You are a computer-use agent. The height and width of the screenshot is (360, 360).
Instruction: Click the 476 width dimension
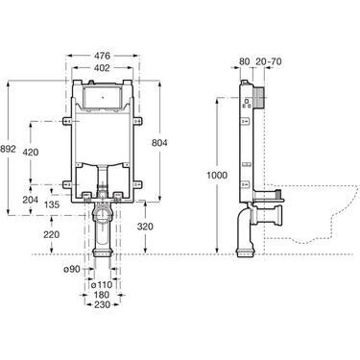(102, 56)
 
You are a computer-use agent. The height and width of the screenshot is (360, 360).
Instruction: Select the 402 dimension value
(102, 68)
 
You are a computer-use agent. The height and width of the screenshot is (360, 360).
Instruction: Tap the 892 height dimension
(8, 149)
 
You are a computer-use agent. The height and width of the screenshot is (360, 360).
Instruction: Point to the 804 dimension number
(159, 143)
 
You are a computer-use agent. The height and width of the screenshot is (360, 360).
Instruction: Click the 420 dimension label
(31, 153)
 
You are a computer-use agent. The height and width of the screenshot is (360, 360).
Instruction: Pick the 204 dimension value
(31, 200)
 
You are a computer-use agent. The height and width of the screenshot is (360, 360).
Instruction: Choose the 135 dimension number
(52, 204)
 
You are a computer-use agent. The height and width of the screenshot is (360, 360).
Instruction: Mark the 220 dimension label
(52, 234)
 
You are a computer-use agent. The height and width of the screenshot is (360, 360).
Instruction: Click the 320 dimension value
(145, 227)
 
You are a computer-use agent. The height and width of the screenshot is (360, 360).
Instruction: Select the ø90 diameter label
(71, 270)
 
